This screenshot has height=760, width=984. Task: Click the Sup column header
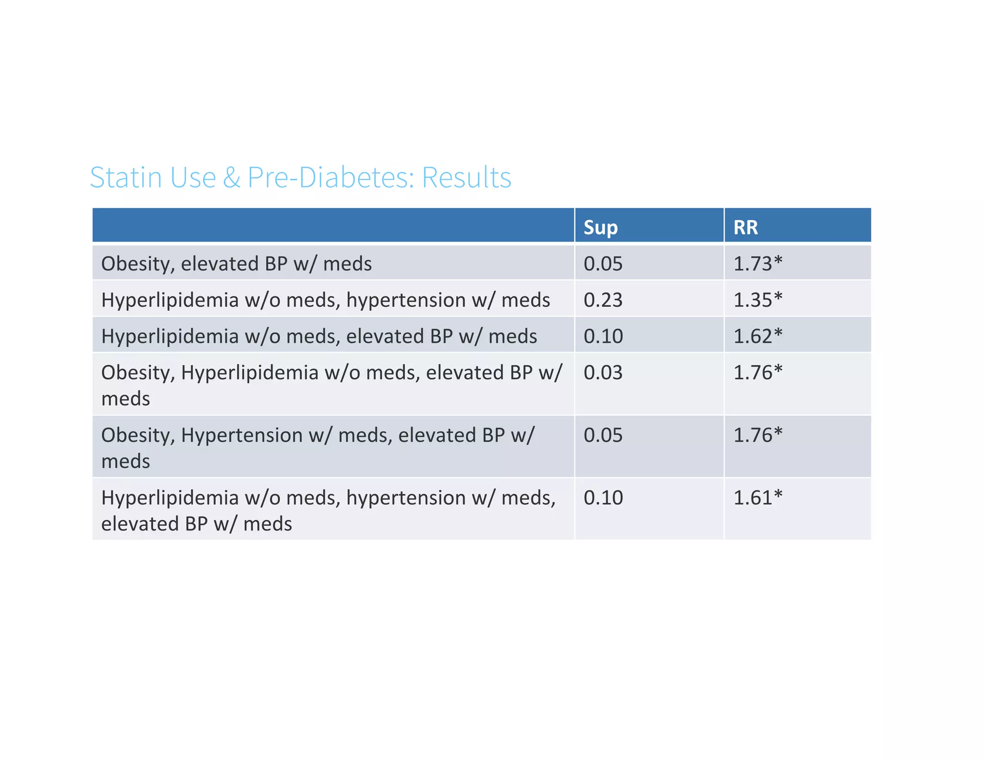600,227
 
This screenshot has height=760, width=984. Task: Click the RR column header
745,227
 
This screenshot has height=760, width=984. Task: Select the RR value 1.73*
757,264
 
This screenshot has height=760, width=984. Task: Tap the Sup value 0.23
603,300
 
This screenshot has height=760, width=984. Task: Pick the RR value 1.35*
757,300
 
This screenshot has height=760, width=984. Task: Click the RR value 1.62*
757,336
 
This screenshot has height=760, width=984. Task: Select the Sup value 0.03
603,373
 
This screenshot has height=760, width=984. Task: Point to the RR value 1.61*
757,498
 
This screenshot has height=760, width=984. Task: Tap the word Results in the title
466,177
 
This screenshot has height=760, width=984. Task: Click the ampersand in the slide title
231,177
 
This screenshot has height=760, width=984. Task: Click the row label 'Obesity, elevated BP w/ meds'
236,264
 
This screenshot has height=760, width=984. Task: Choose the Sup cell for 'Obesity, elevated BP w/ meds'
603,264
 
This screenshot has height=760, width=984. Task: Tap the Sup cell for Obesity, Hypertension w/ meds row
603,435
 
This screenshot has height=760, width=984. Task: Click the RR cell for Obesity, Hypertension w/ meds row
757,435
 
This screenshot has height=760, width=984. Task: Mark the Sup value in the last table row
603,498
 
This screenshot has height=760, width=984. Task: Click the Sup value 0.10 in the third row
603,336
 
